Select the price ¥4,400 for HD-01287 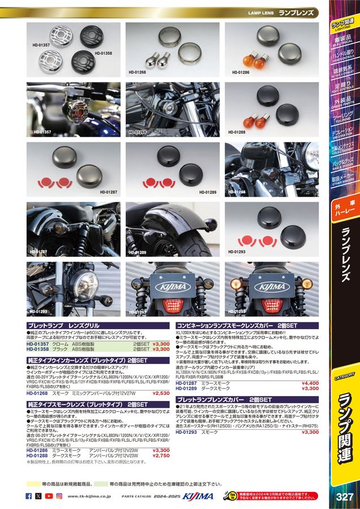click(x=310, y=383)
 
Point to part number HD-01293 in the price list click(x=186, y=432)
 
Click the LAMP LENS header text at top click(x=261, y=11)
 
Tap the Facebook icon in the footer click(x=29, y=496)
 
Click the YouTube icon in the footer click(x=49, y=496)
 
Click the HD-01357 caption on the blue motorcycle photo click(x=42, y=131)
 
